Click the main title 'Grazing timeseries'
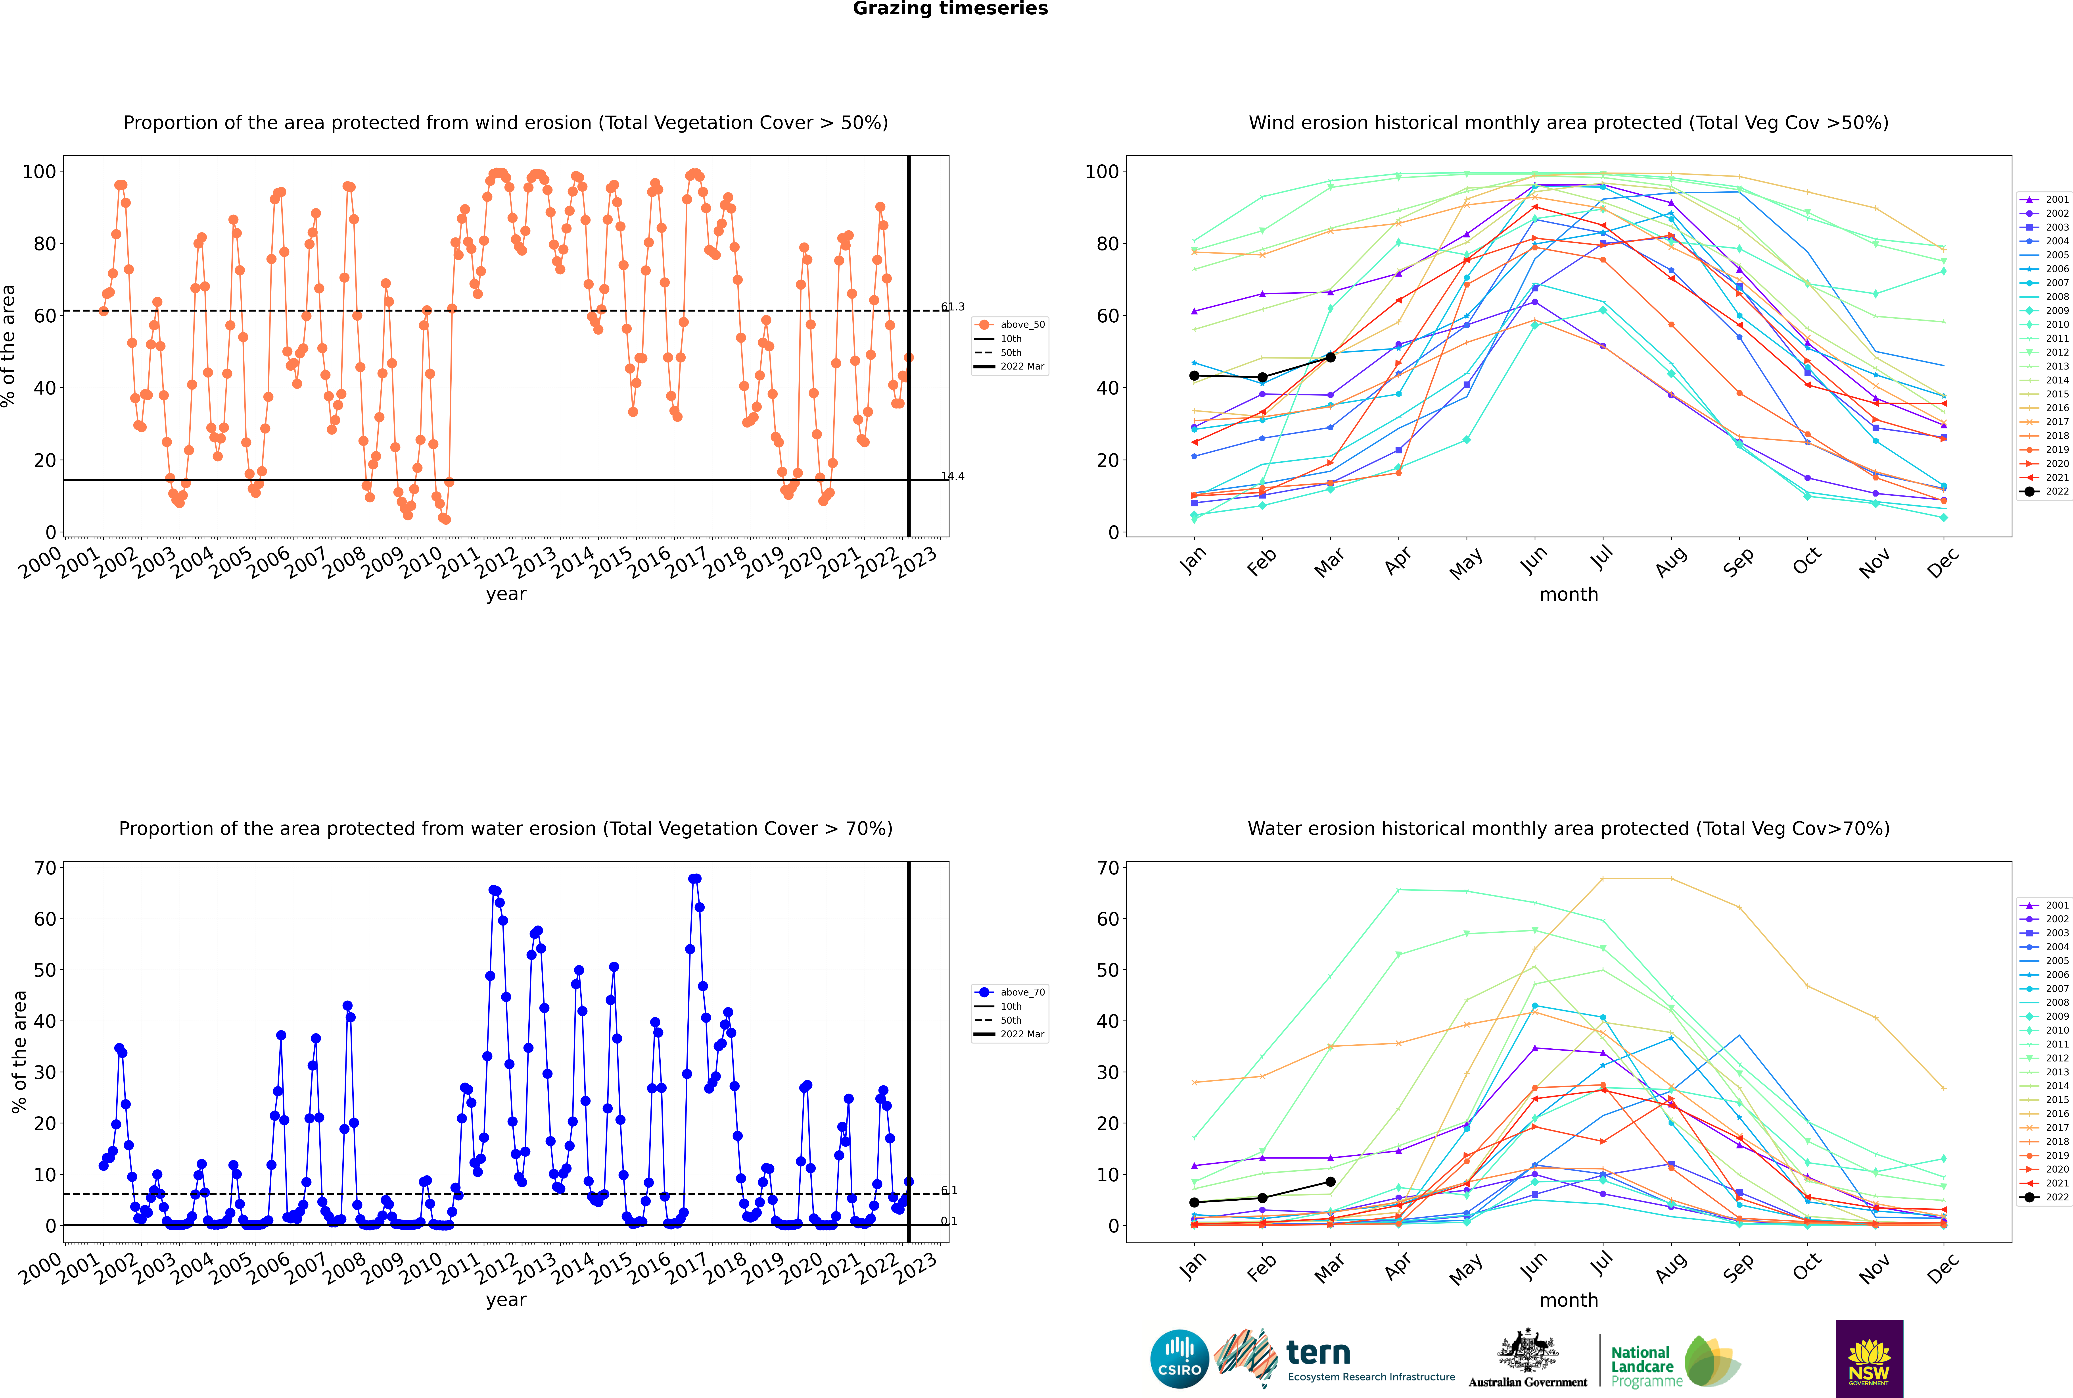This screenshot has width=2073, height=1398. (950, 9)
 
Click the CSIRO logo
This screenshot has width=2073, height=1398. (1179, 1359)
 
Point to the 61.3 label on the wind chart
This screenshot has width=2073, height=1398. (953, 307)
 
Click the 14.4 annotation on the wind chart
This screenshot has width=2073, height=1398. (953, 476)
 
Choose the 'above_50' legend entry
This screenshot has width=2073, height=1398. (1010, 325)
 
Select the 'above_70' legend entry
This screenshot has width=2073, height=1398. (1010, 992)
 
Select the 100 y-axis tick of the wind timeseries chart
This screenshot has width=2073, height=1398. (39, 171)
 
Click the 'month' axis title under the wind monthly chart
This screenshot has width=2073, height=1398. (1569, 595)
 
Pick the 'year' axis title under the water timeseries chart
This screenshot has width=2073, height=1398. (506, 1300)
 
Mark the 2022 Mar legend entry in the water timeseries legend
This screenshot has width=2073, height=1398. (1010, 1034)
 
